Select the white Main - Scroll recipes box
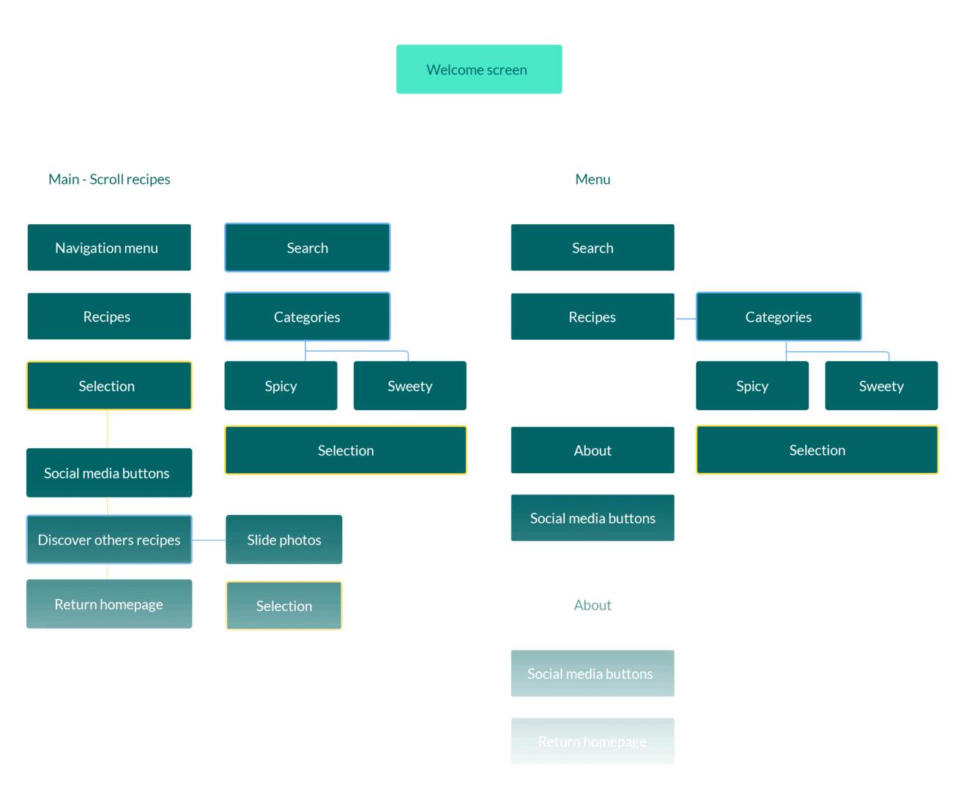(x=109, y=179)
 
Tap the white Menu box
(x=593, y=179)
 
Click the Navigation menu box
(x=109, y=248)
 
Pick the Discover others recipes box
(x=109, y=540)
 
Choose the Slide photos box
(x=284, y=540)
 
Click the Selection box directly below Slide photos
(x=284, y=606)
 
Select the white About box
(x=593, y=605)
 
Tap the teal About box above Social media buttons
(x=593, y=450)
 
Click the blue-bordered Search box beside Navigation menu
(x=307, y=248)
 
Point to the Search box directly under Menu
(x=593, y=248)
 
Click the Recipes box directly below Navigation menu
(x=109, y=316)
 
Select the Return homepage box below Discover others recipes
(x=109, y=604)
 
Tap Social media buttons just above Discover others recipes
(x=109, y=473)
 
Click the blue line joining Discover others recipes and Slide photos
(x=209, y=541)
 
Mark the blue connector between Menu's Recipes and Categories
(x=686, y=319)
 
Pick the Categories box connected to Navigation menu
(x=307, y=316)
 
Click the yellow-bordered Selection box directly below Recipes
(x=109, y=386)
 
